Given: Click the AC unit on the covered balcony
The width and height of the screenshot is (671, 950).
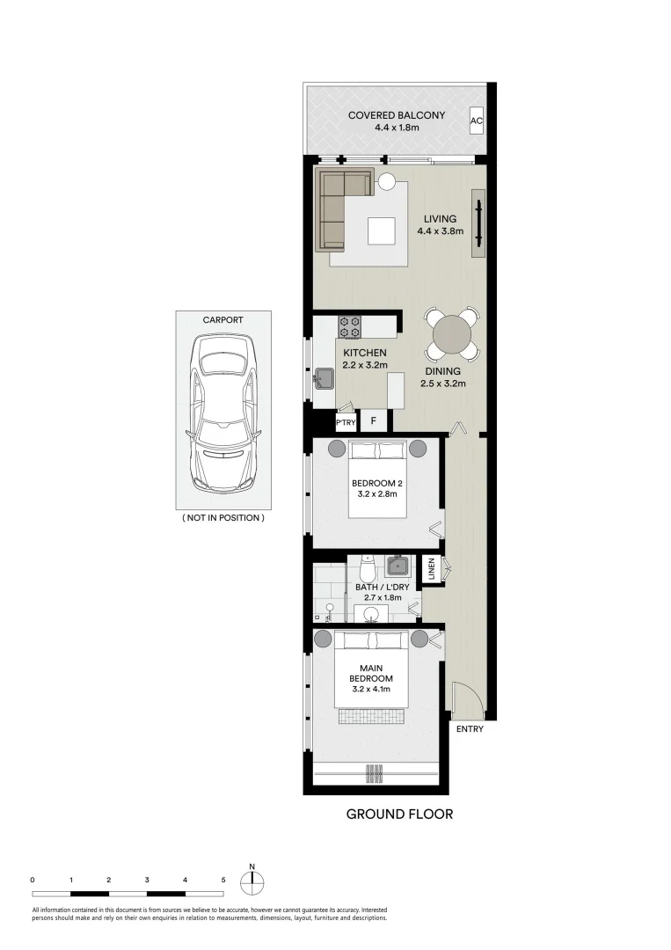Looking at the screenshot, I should click(476, 121).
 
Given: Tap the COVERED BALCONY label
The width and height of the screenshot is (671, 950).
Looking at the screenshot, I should click(396, 115).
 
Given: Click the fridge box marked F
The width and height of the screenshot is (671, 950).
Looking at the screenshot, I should click(373, 421).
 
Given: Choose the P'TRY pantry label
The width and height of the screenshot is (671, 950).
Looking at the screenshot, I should click(346, 422).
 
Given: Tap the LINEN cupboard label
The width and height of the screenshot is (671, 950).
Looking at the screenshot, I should click(432, 569).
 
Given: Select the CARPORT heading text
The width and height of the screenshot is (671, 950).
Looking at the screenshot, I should click(222, 320).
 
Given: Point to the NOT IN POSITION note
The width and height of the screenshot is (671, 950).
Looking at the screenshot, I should click(222, 518).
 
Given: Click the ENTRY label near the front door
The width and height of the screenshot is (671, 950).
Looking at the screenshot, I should click(469, 728).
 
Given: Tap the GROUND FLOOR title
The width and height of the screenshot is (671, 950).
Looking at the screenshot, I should click(399, 814).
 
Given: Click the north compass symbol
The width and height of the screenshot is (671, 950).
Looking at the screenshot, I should click(252, 882).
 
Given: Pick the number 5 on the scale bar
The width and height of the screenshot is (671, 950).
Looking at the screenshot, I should click(223, 880).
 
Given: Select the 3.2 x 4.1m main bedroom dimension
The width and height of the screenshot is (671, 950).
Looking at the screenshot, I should click(370, 691).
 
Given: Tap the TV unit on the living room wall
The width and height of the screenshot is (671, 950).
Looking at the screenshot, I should click(479, 223).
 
